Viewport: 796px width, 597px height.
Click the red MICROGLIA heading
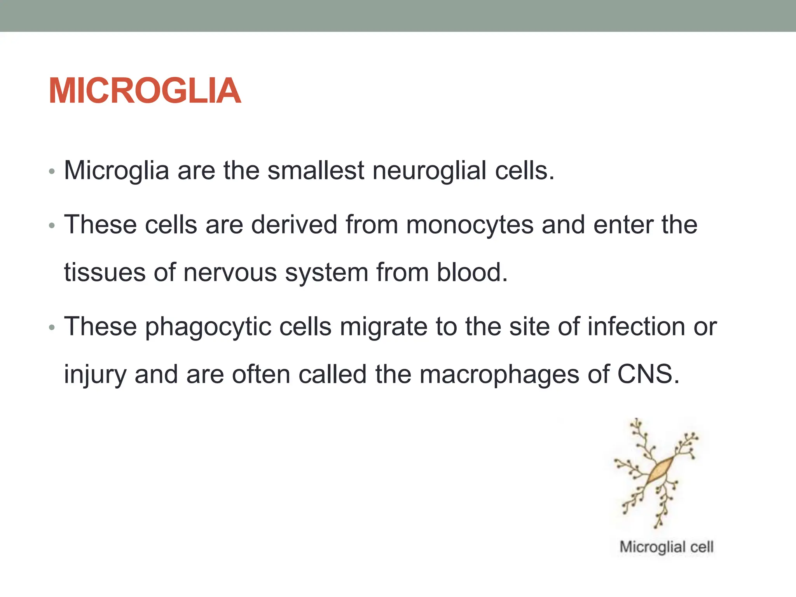click(145, 91)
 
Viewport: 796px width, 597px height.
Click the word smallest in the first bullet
click(316, 171)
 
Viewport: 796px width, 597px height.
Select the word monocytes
click(470, 225)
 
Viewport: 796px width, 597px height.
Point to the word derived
click(294, 225)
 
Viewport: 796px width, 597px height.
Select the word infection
click(636, 326)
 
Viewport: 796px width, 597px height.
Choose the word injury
click(95, 375)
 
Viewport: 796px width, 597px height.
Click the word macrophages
click(499, 374)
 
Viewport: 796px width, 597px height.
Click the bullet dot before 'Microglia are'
click(52, 171)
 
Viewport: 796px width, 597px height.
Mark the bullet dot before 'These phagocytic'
click(52, 328)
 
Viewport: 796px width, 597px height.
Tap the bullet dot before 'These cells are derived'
click(52, 226)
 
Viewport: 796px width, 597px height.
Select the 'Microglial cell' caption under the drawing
click(666, 547)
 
